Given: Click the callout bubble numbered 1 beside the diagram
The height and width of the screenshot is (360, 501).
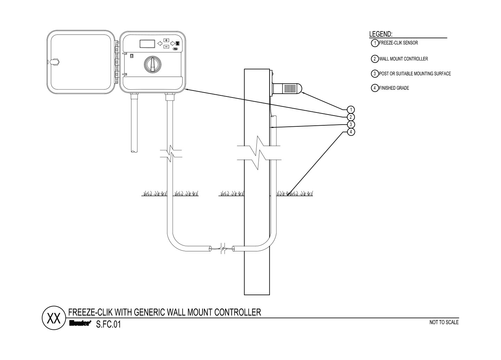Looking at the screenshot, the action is (x=351, y=110).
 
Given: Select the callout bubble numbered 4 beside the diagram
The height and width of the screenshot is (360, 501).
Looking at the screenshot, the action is (x=351, y=132).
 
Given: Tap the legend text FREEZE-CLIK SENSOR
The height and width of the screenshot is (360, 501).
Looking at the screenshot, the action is (x=398, y=43).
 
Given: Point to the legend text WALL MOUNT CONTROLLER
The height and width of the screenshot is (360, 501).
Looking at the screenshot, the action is (x=404, y=59).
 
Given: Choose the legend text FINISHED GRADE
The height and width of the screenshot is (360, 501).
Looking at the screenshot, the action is (x=394, y=88).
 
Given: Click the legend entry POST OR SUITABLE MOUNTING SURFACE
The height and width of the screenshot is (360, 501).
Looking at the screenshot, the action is (x=415, y=74).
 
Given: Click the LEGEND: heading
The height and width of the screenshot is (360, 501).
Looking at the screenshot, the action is (x=381, y=34).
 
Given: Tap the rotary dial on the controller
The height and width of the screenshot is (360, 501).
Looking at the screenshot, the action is (x=152, y=64).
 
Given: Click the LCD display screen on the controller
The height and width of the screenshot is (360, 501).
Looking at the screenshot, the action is (x=148, y=44).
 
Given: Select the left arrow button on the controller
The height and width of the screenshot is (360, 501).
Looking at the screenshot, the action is (x=160, y=44).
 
